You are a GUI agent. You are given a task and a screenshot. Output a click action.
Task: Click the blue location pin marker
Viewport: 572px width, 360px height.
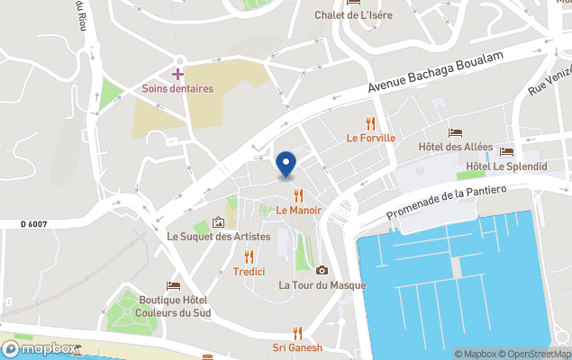[286, 164]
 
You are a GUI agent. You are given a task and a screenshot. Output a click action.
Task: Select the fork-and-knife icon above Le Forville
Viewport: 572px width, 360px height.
[370, 124]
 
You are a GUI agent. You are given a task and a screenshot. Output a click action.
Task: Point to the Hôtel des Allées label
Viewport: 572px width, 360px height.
[455, 147]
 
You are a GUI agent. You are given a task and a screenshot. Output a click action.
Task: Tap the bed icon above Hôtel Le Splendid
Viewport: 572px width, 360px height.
[506, 152]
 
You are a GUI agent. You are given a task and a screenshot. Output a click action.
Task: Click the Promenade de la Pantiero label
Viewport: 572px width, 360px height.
[447, 202]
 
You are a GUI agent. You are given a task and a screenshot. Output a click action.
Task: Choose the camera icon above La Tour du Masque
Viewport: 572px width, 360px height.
[322, 270]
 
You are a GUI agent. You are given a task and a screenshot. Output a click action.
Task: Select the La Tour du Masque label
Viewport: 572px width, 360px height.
[322, 285]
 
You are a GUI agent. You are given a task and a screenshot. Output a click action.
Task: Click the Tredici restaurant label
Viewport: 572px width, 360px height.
[249, 271]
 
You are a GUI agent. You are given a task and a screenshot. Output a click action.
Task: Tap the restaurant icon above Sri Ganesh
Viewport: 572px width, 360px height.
[297, 333]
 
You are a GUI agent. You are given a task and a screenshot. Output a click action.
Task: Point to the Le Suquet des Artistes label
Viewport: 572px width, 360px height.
[218, 237]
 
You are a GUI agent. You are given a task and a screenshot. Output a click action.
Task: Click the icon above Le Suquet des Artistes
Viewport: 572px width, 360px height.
[218, 222]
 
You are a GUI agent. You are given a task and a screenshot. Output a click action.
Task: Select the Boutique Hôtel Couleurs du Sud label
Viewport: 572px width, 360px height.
[174, 306]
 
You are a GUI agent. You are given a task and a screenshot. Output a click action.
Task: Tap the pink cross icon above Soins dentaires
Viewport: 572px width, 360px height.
[177, 73]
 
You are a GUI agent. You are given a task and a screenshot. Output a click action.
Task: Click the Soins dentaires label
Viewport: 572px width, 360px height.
[177, 88]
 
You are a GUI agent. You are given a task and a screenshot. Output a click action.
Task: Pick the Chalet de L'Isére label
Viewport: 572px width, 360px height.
[354, 14]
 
